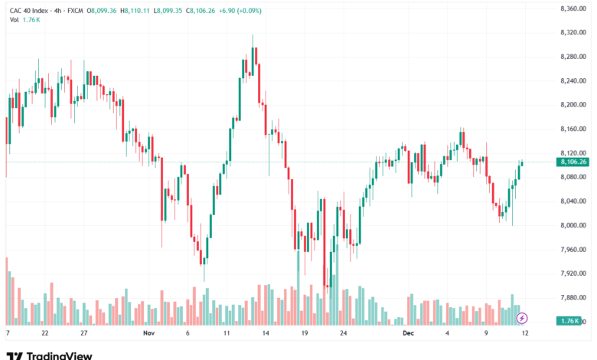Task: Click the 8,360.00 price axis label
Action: pyautogui.click(x=573, y=8)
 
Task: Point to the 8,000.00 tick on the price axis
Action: pyautogui.click(x=573, y=225)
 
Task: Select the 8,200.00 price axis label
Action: pyautogui.click(x=573, y=104)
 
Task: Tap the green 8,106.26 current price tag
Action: pyautogui.click(x=573, y=162)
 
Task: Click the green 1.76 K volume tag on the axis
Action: pyautogui.click(x=570, y=321)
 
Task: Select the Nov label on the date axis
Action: pyautogui.click(x=149, y=333)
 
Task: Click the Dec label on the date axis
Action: pyautogui.click(x=408, y=333)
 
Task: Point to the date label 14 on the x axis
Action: pyautogui.click(x=266, y=333)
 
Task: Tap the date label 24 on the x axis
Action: pyautogui.click(x=344, y=333)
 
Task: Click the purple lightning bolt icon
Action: pyautogui.click(x=522, y=318)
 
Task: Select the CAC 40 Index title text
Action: pyautogui.click(x=29, y=11)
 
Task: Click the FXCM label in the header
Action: pyautogui.click(x=75, y=11)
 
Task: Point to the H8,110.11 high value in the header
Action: pyautogui.click(x=135, y=11)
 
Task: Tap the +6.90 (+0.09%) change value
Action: pyautogui.click(x=240, y=11)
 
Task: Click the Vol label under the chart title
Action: pyautogui.click(x=14, y=20)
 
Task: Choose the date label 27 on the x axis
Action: pyautogui.click(x=83, y=333)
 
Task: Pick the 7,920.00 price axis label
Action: pyautogui.click(x=573, y=273)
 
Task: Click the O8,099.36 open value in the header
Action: pyautogui.click(x=102, y=11)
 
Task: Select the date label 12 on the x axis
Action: pyautogui.click(x=525, y=333)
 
